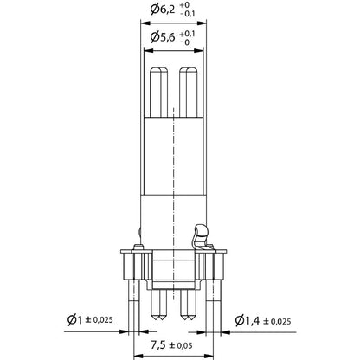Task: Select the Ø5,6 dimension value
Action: pos(164,37)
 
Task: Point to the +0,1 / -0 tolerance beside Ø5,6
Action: pos(196,37)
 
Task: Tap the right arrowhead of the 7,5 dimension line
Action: pos(214,356)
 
